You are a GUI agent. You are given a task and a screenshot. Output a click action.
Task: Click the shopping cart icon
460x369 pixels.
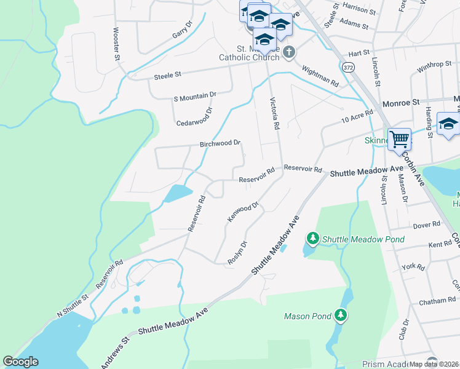coord(400,139)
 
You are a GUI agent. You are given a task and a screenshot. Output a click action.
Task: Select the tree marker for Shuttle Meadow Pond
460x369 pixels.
coord(313,238)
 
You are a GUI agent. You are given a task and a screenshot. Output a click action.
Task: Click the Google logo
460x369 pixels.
coord(20,362)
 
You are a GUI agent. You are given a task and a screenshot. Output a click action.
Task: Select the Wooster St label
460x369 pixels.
coord(116,43)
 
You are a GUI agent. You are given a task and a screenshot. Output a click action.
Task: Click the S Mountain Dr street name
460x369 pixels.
coord(196,96)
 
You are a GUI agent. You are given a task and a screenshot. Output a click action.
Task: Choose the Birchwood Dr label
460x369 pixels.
coord(220,143)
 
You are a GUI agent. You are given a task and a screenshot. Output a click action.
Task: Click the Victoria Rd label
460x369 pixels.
coord(275,113)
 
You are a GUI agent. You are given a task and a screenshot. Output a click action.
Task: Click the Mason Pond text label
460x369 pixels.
coord(308,317)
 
